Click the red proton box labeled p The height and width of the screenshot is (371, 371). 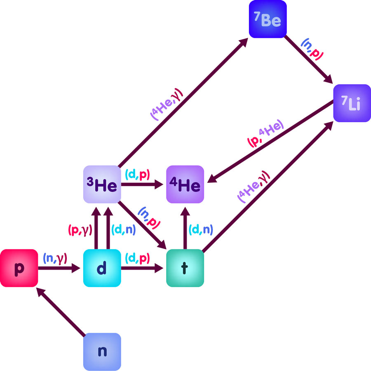19,268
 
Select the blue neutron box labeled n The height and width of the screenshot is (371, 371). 102,352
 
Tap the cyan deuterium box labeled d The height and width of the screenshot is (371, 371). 102,268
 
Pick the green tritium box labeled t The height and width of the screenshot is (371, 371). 184,268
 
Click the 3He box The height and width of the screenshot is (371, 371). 102,184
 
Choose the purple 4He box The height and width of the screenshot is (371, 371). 185,184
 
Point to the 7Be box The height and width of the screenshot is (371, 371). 267,19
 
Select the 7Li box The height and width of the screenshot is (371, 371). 352,103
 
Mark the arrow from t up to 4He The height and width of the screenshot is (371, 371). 185,227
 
